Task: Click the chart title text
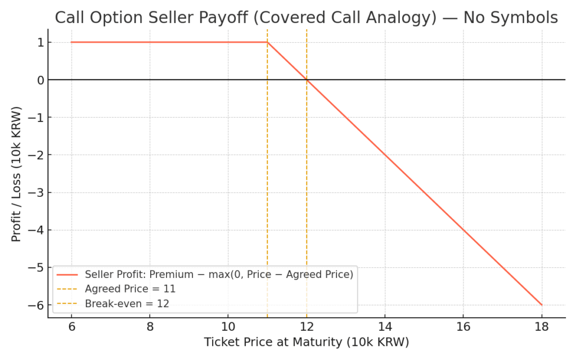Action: pos(306,18)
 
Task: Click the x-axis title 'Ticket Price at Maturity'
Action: pos(306,342)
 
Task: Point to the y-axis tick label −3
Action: pos(37,192)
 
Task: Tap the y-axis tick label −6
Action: pos(37,305)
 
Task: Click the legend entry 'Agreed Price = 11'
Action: pos(130,289)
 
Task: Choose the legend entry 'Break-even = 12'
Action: pos(127,303)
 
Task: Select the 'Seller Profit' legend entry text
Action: pos(219,274)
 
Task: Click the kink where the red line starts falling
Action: pos(267,42)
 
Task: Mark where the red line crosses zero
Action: pos(307,80)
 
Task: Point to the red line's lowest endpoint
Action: pos(542,305)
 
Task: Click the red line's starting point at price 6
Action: pos(71,42)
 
